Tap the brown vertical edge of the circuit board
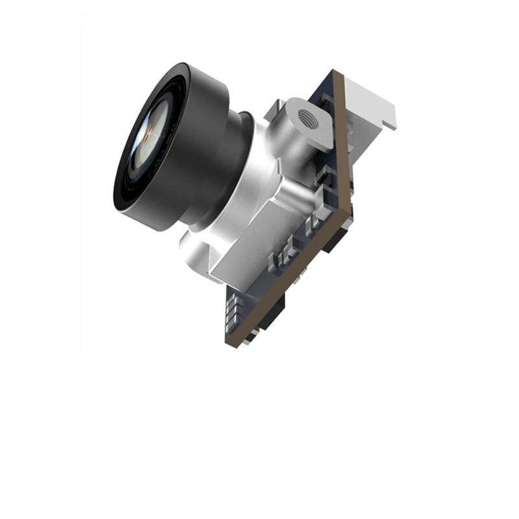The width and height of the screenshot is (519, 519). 344,143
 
